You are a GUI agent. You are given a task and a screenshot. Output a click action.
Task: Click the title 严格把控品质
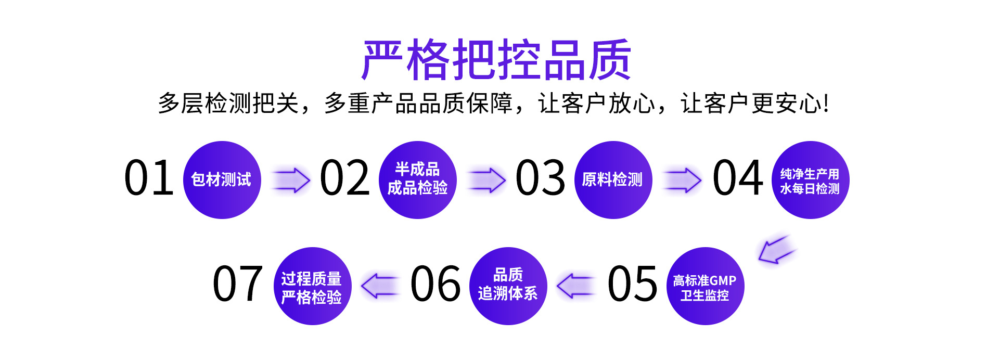pos(497,60)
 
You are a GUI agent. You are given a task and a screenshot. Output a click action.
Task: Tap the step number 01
pos(149,178)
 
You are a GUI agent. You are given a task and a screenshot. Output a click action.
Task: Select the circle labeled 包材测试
pos(222,180)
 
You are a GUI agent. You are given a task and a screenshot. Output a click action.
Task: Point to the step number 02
pos(344,178)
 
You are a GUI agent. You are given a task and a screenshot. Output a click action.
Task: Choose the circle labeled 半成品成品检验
pos(418,180)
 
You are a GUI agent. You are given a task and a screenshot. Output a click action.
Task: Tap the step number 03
pos(540,178)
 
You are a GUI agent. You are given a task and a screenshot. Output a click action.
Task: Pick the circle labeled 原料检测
pos(613,180)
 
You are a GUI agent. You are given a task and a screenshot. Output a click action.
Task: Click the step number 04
pos(738,178)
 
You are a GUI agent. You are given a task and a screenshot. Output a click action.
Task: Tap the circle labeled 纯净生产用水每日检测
pos(810,180)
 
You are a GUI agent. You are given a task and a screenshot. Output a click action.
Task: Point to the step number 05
pos(632,284)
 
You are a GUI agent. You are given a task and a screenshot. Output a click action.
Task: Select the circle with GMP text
pos(705,286)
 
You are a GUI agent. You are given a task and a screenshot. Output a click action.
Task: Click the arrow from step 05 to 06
pos(575,286)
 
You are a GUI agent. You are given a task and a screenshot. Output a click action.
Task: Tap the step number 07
pos(237,284)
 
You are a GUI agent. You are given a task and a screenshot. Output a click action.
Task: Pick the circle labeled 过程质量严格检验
pos(312,286)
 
